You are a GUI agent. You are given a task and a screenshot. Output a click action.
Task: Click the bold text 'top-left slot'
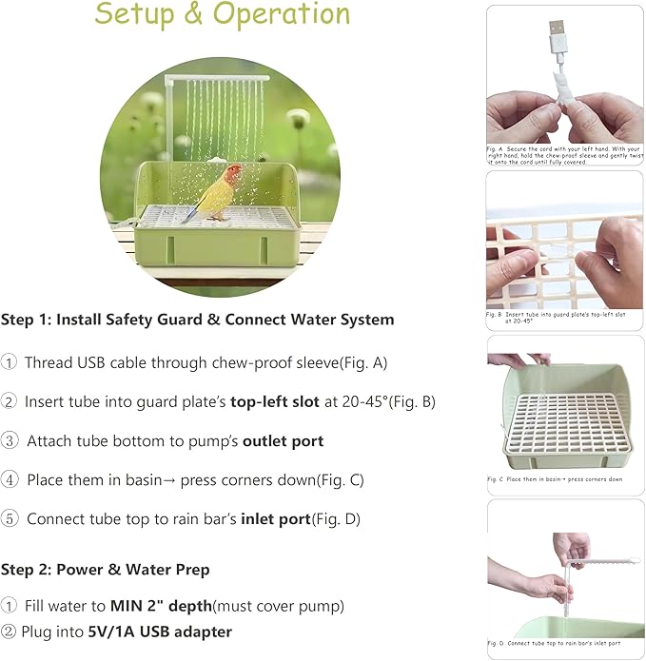pos(275,401)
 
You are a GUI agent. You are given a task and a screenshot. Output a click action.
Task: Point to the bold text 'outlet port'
pos(283,441)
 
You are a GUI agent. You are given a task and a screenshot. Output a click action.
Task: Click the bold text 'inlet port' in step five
pos(275,519)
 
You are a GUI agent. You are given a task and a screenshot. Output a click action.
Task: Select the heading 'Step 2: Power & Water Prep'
pos(105,570)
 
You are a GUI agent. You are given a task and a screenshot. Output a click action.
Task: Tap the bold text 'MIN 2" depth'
pos(160,606)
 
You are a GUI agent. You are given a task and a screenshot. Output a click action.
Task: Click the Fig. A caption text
pos(561,156)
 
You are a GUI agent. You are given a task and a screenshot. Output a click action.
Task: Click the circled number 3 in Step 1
pos(9,441)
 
